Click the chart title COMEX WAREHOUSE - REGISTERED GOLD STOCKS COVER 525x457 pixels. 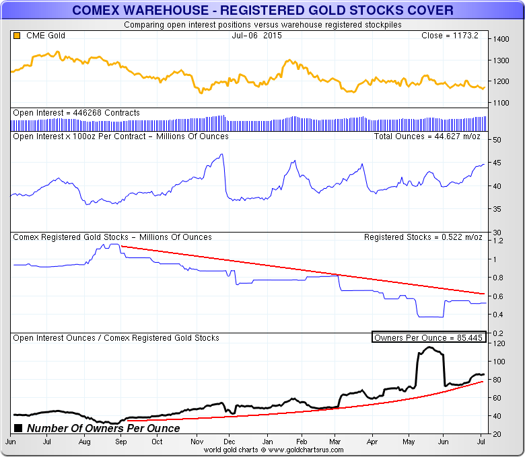pos(262,10)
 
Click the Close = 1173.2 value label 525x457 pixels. pos(449,36)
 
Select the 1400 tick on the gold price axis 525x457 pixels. pos(500,40)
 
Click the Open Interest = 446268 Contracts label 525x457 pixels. pos(77,113)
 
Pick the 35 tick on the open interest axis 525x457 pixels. pos(497,209)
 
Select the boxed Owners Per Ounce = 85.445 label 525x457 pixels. pos(428,337)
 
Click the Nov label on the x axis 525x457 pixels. pos(197,442)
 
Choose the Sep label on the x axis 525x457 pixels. pos(120,442)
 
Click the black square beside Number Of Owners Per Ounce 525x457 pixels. pos(18,428)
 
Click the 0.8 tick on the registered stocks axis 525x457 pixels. pos(497,278)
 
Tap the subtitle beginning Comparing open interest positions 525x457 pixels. pos(262,25)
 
